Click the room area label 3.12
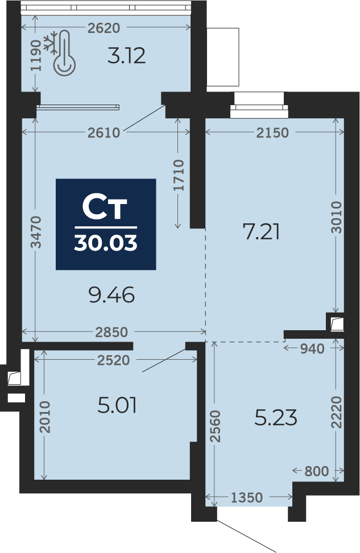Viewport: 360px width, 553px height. click(x=126, y=56)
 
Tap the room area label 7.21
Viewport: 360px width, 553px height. click(x=262, y=232)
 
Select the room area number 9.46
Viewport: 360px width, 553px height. click(x=111, y=295)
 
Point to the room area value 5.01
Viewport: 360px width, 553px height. click(x=117, y=405)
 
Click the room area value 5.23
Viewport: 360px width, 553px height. click(x=276, y=418)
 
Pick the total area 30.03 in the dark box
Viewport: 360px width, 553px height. click(x=106, y=243)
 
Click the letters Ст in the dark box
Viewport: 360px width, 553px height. click(x=105, y=207)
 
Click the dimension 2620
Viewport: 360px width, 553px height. click(x=104, y=28)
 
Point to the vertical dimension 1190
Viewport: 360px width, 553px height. click(x=36, y=55)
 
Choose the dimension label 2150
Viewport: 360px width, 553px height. click(x=272, y=132)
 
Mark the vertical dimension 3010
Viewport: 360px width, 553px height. click(x=337, y=217)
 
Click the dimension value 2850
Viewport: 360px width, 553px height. click(x=111, y=332)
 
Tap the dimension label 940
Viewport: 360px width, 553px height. click(x=312, y=349)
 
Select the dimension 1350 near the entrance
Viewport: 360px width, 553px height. click(x=247, y=498)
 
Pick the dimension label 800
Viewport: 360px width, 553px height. click(x=316, y=471)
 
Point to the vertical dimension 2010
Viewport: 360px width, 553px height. click(x=45, y=417)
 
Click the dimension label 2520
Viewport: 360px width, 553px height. click(x=114, y=360)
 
